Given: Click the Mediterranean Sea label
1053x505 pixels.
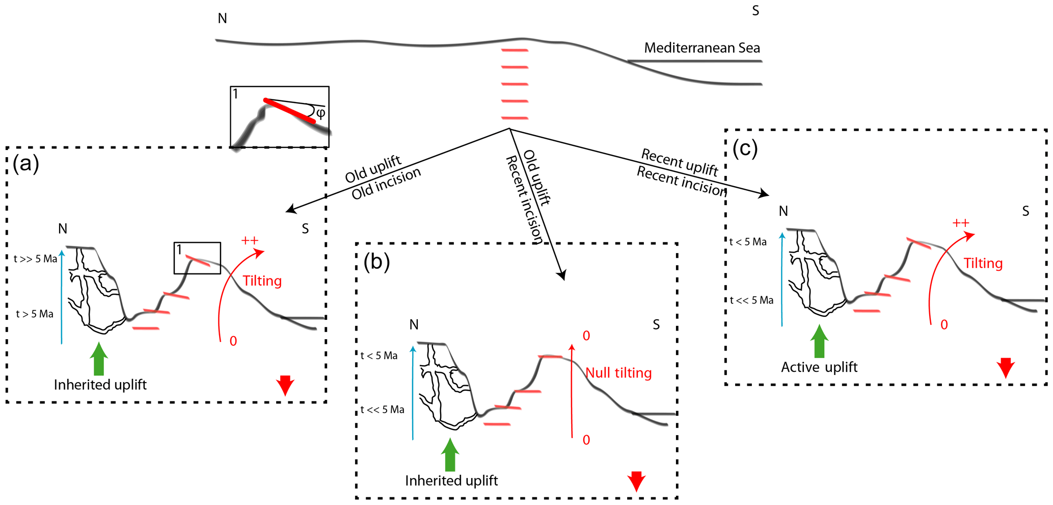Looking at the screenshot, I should (701, 48).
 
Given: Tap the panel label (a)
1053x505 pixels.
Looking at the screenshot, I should (26, 164).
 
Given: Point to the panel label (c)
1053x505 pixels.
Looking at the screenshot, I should (745, 148).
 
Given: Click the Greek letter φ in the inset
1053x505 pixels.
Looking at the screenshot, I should (320, 113).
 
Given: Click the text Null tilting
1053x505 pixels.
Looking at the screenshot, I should (618, 373).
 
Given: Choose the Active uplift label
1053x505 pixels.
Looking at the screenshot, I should (819, 367).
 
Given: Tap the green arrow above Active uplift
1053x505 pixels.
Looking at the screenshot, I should (819, 341).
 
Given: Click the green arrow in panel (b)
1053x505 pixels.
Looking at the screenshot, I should (450, 454).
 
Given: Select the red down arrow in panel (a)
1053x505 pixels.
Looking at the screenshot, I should (285, 385).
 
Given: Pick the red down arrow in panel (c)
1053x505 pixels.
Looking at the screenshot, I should (1006, 367).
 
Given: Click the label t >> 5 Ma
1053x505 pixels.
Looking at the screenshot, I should (36, 259).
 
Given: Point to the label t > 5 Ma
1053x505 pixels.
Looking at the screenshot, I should (35, 314).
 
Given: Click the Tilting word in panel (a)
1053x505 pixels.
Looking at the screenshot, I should (262, 281).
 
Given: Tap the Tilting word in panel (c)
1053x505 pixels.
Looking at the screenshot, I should (983, 264).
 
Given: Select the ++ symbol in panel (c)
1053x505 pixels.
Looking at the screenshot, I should (961, 223).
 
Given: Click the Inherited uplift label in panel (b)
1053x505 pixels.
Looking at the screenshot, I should (451, 481).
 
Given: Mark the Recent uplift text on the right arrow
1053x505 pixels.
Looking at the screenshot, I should (680, 161).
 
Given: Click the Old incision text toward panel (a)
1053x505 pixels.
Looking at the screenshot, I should (386, 184).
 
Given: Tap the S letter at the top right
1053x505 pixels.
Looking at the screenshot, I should (755, 11).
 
